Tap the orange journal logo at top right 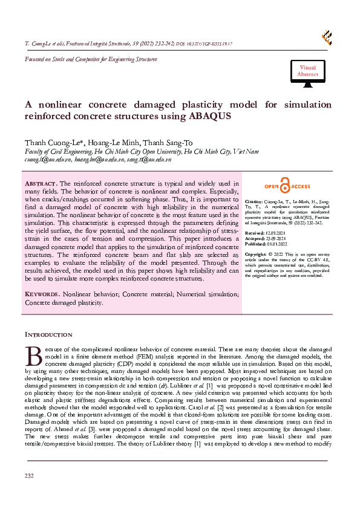(x=327, y=37)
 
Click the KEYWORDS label (x=42, y=293)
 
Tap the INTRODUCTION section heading (x=48, y=334)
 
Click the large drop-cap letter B (x=31, y=355)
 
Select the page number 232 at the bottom (x=29, y=493)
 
